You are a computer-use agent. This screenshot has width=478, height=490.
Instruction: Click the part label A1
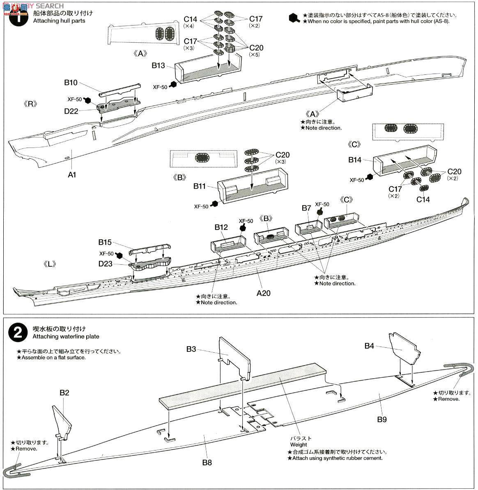[x=72, y=175]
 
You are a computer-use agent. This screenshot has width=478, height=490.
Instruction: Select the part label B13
[x=158, y=65]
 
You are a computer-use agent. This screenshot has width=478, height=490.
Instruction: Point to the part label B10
[x=71, y=83]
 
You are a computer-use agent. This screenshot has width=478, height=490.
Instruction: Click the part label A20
[x=264, y=293]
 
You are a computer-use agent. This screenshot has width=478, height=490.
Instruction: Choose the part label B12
[x=221, y=227]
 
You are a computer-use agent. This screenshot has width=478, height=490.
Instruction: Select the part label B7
[x=306, y=208]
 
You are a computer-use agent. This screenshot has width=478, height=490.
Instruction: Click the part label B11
[x=200, y=186]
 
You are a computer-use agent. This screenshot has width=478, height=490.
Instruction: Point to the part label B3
[x=191, y=349]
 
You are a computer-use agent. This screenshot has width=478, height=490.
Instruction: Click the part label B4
[x=370, y=346]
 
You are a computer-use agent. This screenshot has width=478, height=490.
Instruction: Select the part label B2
[x=64, y=393]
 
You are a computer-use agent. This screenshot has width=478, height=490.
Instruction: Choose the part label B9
[x=382, y=420]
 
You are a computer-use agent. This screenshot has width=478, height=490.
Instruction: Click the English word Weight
[x=299, y=444]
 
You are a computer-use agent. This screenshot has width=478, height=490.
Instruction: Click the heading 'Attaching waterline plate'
[x=66, y=336]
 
